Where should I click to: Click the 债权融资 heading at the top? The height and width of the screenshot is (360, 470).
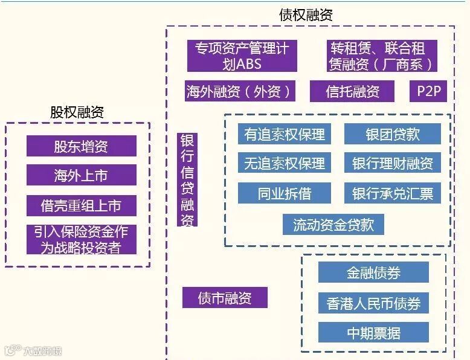point(306,14)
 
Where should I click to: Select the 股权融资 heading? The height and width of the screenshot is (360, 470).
point(77,112)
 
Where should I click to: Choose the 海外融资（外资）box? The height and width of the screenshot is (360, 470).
point(240,92)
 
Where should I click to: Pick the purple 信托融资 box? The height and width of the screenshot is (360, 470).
point(352,92)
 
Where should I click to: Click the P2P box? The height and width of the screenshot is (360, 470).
point(428,91)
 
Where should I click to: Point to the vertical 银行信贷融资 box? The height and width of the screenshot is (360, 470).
point(187,179)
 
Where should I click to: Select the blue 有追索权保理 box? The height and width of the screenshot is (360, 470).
point(285,134)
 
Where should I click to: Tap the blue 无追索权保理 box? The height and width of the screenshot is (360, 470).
point(285,162)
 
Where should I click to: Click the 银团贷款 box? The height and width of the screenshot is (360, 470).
point(393,134)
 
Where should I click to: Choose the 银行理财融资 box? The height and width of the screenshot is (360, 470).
point(393,162)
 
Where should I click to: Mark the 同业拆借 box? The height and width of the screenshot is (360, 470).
point(285,193)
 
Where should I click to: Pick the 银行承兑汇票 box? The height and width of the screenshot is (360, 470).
point(393,193)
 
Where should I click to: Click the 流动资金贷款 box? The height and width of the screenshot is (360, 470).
point(333,225)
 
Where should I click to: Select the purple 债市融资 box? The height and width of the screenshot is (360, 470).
point(225,297)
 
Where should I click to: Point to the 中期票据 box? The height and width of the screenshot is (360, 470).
point(373,332)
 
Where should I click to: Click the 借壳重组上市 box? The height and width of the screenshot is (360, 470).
point(81,205)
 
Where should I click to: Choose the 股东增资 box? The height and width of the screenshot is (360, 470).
point(81,146)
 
